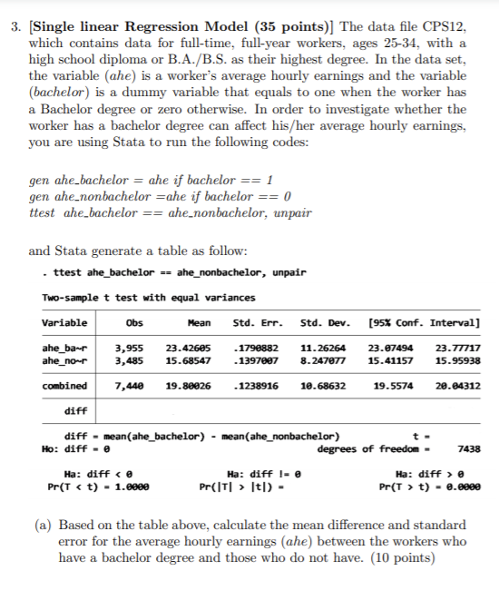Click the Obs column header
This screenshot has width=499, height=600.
[x=133, y=322]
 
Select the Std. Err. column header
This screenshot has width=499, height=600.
[x=259, y=322]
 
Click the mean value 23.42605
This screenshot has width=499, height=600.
[x=189, y=347]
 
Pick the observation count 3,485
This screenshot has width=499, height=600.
[x=132, y=360]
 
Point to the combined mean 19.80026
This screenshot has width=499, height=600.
[x=189, y=386]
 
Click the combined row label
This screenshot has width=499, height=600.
[x=64, y=386]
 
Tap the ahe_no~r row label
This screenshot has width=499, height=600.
[x=65, y=360]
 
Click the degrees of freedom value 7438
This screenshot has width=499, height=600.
[x=469, y=448]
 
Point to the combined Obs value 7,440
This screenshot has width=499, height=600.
[x=132, y=386]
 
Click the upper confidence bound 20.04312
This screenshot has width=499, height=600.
[x=458, y=386]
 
